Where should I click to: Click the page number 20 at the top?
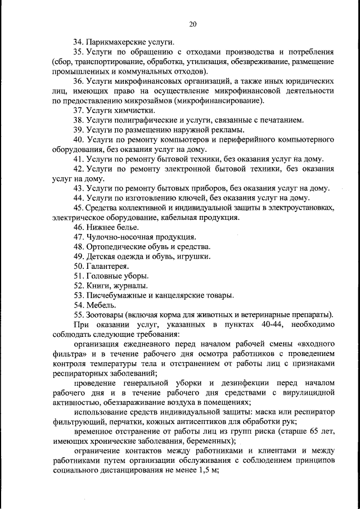click(192, 24)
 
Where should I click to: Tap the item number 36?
click(78, 82)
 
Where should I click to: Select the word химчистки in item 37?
click(133, 110)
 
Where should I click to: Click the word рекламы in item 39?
click(205, 130)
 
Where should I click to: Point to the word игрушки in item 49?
click(195, 256)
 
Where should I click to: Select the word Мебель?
click(101, 304)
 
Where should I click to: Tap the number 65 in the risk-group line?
click(300, 431)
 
